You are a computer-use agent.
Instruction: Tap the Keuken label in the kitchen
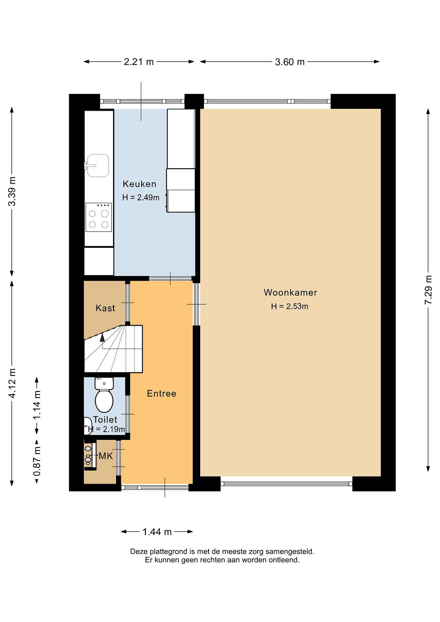pos(140,184)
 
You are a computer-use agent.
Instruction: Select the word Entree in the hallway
pos(162,394)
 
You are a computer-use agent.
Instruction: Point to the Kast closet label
pos(105,308)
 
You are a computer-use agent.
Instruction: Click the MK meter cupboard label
pos(106,456)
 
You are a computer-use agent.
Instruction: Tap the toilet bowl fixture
pos(104,395)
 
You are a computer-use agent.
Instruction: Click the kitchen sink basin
pos(98,165)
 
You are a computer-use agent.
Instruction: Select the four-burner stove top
pos(99,217)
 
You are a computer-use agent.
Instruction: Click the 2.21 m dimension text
pos(139,62)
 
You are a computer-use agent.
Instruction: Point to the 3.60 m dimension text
pos(290,62)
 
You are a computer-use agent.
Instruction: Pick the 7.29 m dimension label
pos(428,290)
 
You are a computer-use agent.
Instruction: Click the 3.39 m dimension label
pos(12,191)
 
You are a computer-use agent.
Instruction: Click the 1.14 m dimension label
pos(37,405)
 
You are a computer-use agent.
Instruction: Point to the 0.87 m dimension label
pos(37,461)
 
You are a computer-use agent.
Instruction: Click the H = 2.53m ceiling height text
pos(290,306)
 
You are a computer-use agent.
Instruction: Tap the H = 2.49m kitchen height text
pos(141,197)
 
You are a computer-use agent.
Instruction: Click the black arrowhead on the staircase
pos(102,338)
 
